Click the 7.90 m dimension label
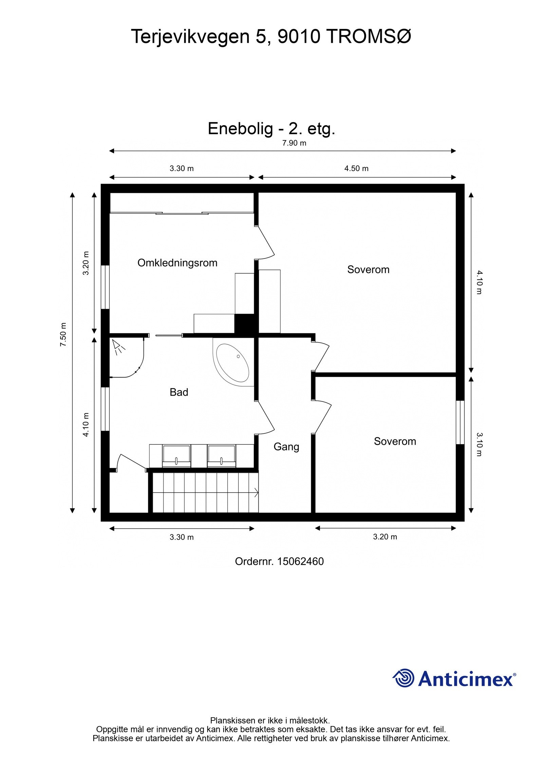(x=294, y=143)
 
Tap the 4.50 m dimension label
(x=356, y=169)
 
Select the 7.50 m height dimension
(x=63, y=335)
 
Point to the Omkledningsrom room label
(x=177, y=263)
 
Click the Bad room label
(x=179, y=392)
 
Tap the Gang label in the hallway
(x=286, y=447)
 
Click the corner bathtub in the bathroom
(x=233, y=363)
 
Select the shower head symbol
(x=119, y=346)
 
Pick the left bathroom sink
(x=176, y=455)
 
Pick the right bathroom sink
(x=221, y=455)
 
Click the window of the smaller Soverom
(x=460, y=422)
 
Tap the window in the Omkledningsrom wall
(x=106, y=287)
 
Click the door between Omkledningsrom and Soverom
(x=265, y=242)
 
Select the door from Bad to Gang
(x=265, y=417)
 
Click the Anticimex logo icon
(x=404, y=678)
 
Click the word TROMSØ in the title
(x=369, y=37)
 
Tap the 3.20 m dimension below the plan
(x=385, y=537)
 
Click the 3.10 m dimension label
(x=479, y=444)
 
